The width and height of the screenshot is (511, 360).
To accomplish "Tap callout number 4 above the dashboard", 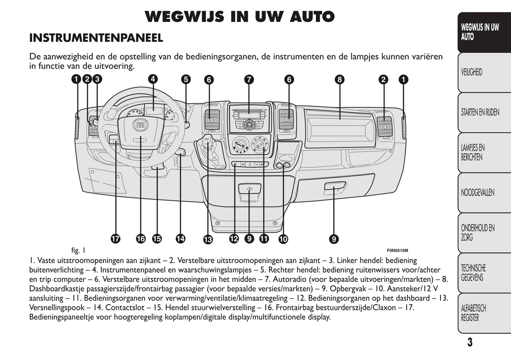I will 153,79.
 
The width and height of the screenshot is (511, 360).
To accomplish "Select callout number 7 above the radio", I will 249,80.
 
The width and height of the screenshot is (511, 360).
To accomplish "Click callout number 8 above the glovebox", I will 339,80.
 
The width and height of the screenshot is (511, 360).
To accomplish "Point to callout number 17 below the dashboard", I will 115,239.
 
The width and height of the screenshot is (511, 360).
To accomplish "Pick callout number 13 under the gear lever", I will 208,240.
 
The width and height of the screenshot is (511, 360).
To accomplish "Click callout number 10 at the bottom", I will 283,239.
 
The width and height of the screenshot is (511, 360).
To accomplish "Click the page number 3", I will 470,342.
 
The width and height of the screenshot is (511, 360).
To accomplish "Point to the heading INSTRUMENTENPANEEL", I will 96,38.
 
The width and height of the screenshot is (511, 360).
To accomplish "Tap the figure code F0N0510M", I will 397,251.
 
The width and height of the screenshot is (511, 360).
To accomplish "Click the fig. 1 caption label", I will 78,251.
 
